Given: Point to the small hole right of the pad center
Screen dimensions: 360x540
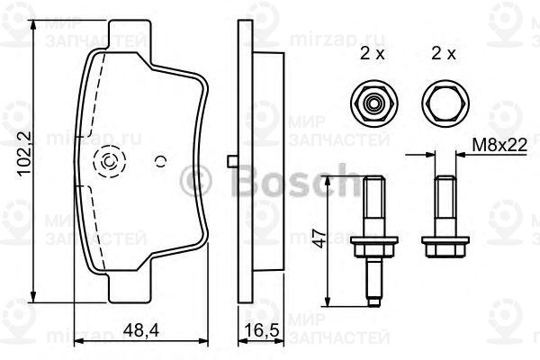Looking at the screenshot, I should point(160,162).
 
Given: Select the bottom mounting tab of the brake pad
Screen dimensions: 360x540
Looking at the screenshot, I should point(129,290).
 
